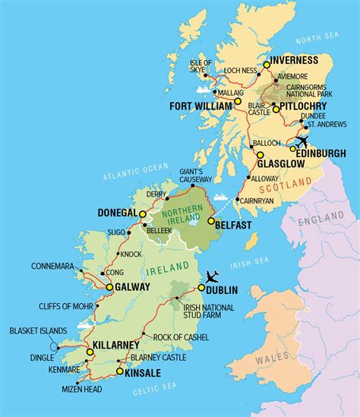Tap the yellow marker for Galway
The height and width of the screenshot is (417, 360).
point(109,287)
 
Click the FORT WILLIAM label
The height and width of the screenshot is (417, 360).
point(201,104)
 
